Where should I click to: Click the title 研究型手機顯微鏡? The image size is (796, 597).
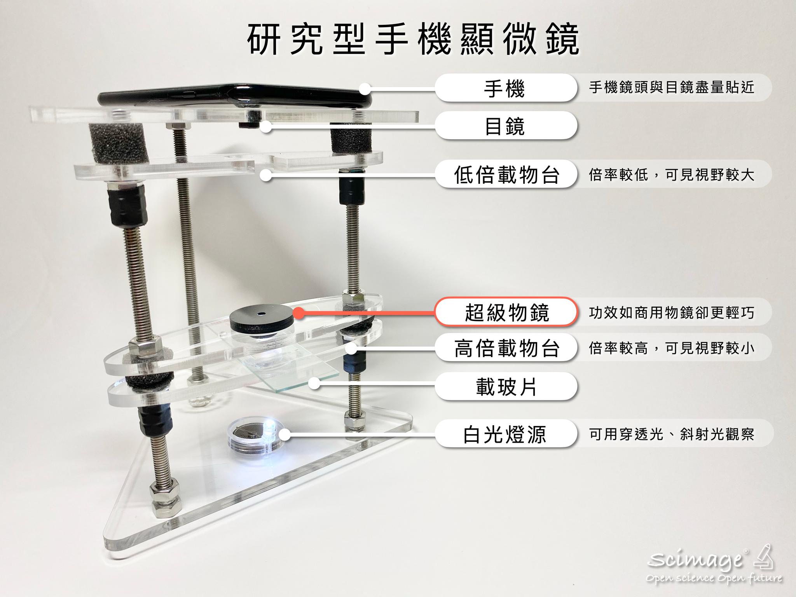pos(413,40)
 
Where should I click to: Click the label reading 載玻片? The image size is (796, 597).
pos(505,387)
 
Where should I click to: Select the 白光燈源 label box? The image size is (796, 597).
pos(505,435)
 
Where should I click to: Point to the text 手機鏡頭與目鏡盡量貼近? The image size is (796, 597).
pos(671,88)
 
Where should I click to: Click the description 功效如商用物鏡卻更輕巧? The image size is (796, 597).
pos(671,312)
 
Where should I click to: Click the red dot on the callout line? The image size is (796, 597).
pos(298,313)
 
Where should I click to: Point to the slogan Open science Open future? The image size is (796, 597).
pos(713,578)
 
